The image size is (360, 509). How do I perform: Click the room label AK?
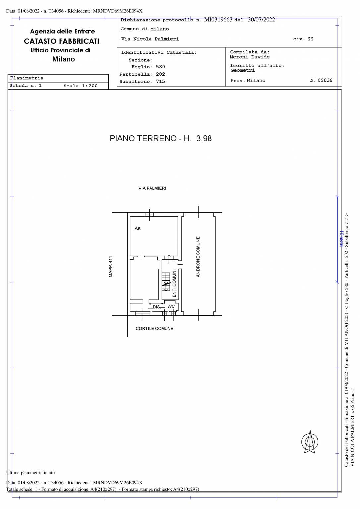(138, 228)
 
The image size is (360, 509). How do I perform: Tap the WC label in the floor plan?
(171, 306)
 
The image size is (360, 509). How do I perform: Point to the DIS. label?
(157, 307)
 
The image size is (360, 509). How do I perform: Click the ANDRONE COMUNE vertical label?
(198, 257)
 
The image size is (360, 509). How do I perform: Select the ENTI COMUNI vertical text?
(174, 283)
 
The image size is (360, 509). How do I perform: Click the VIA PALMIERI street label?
(152, 188)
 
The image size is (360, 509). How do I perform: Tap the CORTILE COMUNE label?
(154, 329)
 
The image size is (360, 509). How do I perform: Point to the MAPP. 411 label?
(111, 267)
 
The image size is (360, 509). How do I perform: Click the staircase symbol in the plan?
(166, 282)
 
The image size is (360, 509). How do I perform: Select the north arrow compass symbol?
(310, 442)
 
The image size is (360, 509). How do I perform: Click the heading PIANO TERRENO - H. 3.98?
(161, 138)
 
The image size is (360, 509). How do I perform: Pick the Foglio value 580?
(160, 67)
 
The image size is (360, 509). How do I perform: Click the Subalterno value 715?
(160, 81)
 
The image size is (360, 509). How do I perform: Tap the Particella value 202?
(160, 74)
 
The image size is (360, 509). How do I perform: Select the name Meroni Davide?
(250, 57)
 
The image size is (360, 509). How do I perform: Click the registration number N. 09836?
(321, 80)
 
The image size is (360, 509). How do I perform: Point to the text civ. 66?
(303, 39)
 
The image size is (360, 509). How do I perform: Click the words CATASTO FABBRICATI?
(62, 41)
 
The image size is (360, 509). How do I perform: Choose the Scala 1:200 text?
(81, 86)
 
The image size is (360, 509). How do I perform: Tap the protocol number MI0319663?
(218, 20)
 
